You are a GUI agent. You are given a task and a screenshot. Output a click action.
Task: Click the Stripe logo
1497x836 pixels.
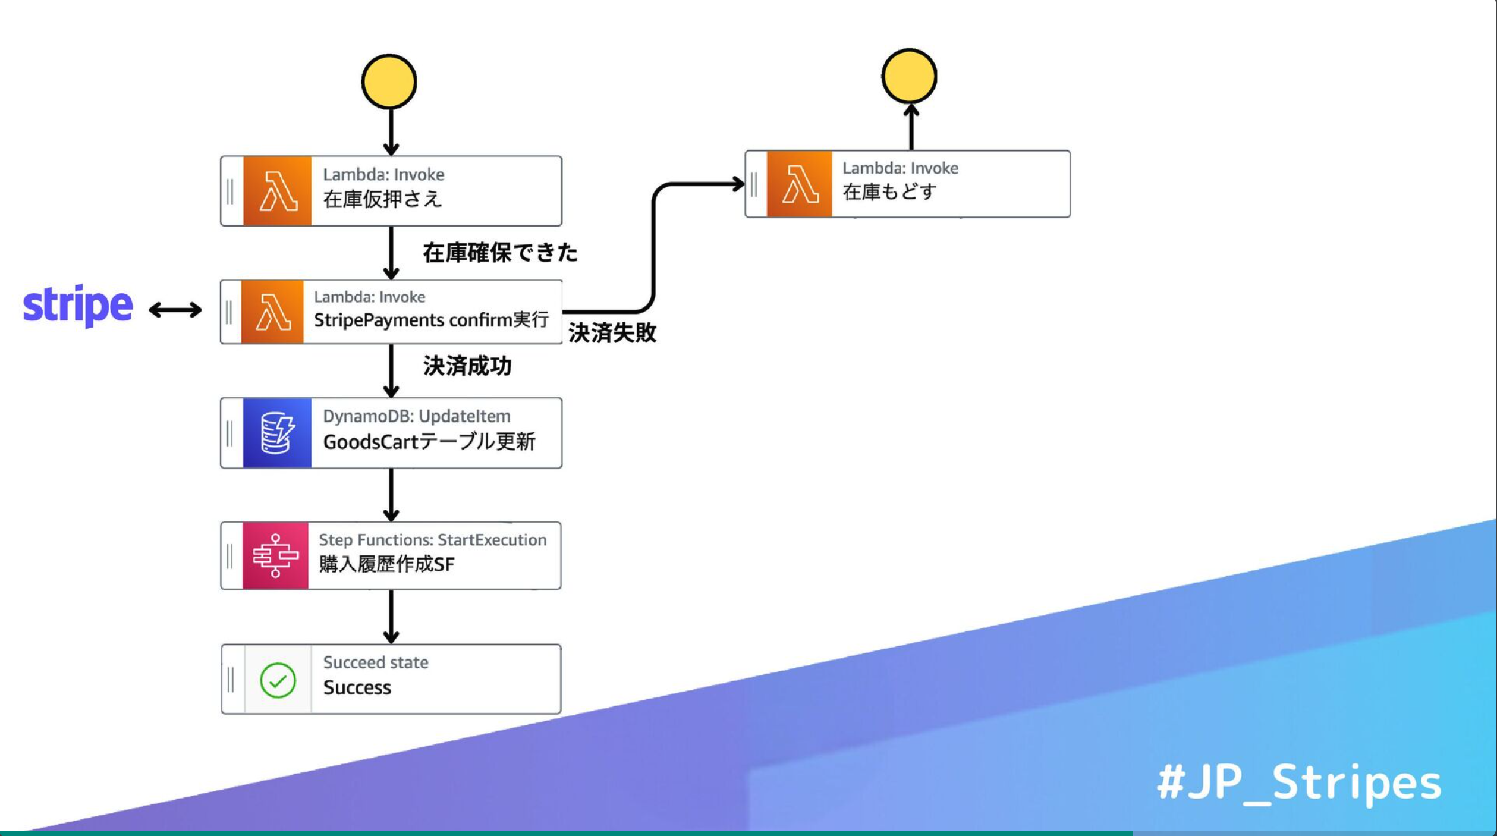[78, 306]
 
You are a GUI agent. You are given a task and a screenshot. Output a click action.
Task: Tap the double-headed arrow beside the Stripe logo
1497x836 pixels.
[175, 310]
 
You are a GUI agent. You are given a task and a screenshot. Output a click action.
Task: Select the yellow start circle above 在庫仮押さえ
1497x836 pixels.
[389, 82]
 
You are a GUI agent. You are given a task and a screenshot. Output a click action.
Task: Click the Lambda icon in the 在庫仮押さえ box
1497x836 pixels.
[277, 191]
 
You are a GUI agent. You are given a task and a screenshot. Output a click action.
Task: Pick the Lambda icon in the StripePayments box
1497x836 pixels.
[272, 312]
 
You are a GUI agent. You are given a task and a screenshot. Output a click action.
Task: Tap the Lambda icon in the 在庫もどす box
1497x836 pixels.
[799, 184]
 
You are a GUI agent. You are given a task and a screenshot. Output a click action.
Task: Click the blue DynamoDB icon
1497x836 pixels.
[277, 433]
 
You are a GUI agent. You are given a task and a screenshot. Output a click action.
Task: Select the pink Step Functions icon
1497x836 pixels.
[275, 556]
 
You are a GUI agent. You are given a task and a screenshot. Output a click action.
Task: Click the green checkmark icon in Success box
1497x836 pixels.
[278, 680]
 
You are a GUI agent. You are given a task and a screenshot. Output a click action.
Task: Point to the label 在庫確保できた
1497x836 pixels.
[500, 253]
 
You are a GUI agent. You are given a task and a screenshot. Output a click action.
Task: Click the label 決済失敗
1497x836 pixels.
[612, 333]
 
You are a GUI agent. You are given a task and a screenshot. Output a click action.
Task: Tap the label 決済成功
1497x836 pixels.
[467, 366]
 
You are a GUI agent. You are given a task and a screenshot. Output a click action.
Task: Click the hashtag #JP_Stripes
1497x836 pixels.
[1299, 783]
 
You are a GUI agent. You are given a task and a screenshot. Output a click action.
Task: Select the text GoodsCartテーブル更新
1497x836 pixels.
[429, 442]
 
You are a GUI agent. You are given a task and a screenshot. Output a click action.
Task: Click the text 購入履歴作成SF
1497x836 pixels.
[386, 564]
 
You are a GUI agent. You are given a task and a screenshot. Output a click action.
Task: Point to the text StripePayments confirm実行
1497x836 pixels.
[431, 320]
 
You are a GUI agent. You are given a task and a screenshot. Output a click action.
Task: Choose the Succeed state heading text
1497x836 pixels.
[376, 662]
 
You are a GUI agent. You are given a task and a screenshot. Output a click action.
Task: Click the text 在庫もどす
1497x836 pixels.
[889, 192]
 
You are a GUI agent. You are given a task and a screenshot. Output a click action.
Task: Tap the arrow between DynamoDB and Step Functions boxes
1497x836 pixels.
[391, 495]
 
